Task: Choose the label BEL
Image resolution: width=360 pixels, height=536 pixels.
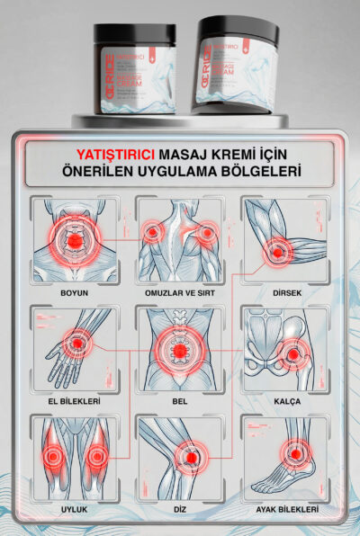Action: pos(180,401)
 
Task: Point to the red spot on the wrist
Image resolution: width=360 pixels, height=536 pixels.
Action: pos(77,344)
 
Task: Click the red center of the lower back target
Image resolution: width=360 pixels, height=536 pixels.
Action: pos(181,349)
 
